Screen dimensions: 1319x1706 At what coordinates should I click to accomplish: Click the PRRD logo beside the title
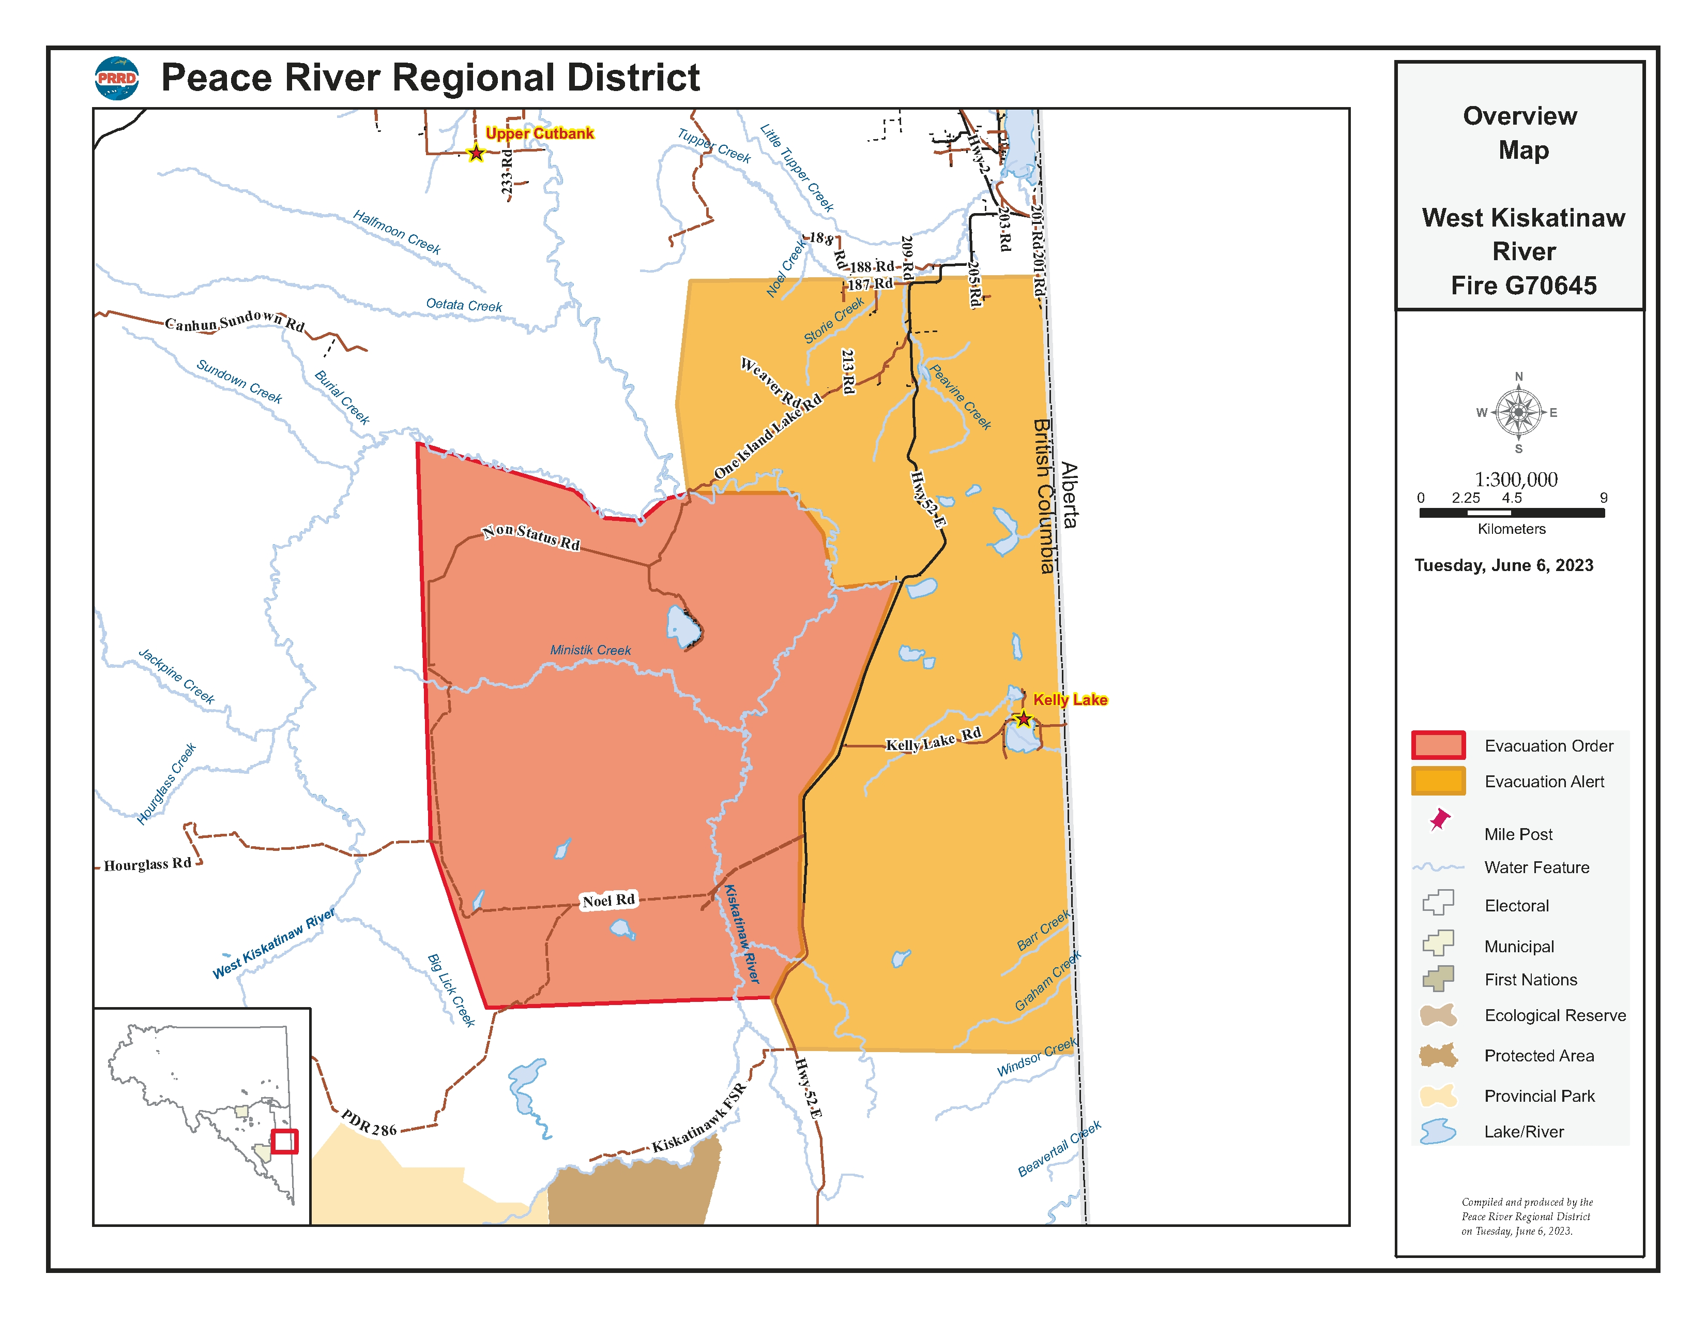pos(117,78)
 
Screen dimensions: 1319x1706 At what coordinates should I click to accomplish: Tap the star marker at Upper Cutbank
pos(476,153)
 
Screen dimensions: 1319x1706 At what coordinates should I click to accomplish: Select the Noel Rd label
pos(608,900)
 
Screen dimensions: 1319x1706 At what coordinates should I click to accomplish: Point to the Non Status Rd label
pos(531,537)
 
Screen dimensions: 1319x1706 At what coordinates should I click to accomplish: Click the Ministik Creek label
pos(590,650)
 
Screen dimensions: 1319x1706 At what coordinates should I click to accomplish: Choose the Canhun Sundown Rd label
pos(234,321)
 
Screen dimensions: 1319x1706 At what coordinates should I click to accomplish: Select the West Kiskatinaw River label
pos(273,943)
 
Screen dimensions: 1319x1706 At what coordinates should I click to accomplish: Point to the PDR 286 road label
pos(369,1123)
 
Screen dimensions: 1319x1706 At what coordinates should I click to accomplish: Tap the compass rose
pos(1518,413)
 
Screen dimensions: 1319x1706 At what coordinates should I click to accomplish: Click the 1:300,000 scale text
pos(1515,479)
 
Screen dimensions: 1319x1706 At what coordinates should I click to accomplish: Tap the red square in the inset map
pos(284,1141)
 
